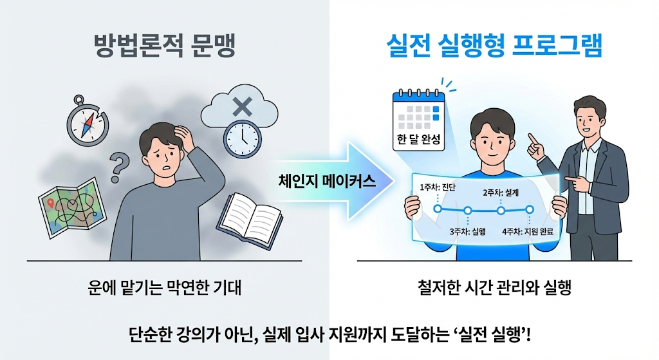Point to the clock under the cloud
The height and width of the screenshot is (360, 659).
[x=241, y=137]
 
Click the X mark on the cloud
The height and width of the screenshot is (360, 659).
[x=241, y=107]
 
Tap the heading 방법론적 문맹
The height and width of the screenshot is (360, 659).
[x=164, y=47]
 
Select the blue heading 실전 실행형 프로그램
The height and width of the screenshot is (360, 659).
[x=494, y=47]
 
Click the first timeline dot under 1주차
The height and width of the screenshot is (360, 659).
[x=438, y=209]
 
